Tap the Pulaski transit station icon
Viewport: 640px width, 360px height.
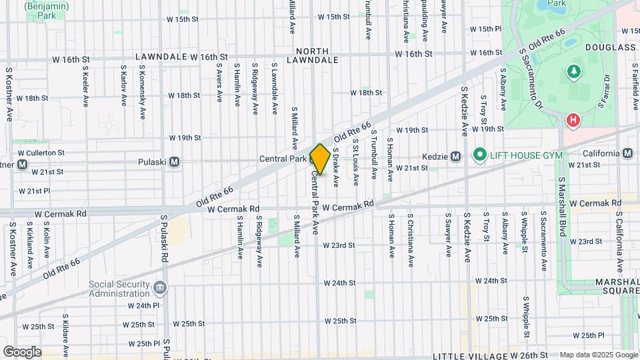pos(175,161)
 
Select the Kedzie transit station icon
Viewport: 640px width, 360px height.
pos(455,157)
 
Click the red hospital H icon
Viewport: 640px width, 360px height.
pos(572,121)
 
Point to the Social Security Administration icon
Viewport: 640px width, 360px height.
pos(159,287)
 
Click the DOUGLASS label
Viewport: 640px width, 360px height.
pos(610,48)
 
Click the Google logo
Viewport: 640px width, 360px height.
pos(22,351)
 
